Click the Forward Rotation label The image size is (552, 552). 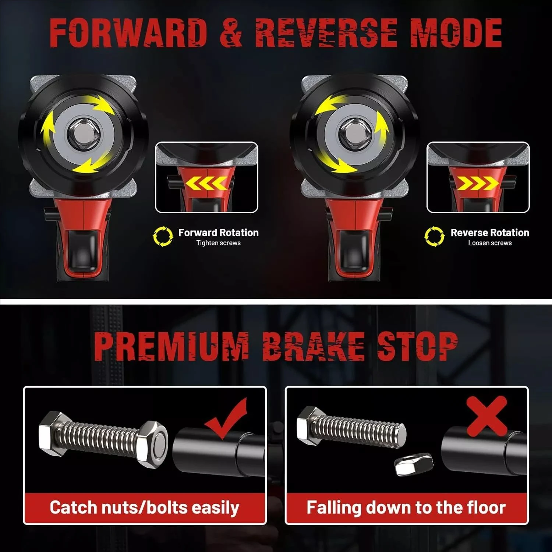point(218,233)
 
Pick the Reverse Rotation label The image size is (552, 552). point(490,233)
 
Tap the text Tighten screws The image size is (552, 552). point(218,243)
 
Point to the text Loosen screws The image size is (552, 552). point(490,243)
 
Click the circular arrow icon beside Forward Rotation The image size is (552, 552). point(163,236)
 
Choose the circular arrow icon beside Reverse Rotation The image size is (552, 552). point(434,236)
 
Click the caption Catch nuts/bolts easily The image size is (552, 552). point(144,507)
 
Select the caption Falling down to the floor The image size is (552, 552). point(406,507)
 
